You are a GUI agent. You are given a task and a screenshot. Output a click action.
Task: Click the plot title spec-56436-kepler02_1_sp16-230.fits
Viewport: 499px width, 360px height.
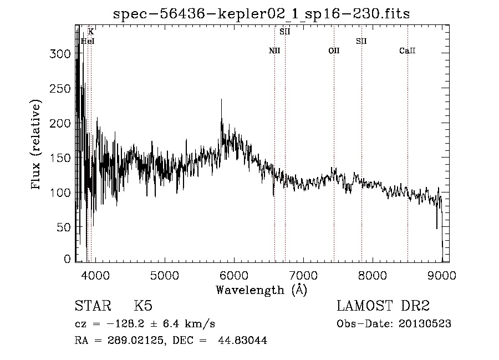pyautogui.click(x=261, y=14)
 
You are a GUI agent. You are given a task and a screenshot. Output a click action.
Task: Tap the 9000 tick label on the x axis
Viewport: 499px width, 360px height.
pyautogui.click(x=442, y=276)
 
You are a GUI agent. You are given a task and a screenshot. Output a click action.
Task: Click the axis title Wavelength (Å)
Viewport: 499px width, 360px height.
pyautogui.click(x=261, y=290)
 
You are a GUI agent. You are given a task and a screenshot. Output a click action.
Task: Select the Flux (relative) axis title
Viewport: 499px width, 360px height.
pyautogui.click(x=37, y=145)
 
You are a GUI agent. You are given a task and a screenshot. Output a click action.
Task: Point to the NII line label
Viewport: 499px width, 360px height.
pyautogui.click(x=274, y=51)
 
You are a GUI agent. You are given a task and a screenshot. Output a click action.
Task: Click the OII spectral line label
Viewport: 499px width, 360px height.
pyautogui.click(x=334, y=51)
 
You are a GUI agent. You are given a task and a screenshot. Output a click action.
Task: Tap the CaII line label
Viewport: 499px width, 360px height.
pyautogui.click(x=408, y=51)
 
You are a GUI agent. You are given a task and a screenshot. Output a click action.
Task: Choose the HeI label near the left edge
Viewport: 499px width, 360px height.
pyautogui.click(x=88, y=41)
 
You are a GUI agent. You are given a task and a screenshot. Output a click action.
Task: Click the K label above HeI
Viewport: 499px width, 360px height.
pyautogui.click(x=91, y=32)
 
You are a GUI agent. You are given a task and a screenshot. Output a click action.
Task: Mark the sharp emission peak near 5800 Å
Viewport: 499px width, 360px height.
pyautogui.click(x=221, y=100)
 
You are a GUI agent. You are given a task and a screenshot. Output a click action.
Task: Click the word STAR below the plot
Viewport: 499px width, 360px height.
pyautogui.click(x=93, y=306)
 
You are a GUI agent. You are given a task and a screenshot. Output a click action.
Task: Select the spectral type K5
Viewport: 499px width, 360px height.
pyautogui.click(x=143, y=306)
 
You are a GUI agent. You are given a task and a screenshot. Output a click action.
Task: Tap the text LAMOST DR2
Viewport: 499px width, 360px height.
pyautogui.click(x=383, y=306)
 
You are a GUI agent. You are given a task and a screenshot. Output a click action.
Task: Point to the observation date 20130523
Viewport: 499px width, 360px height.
pyautogui.click(x=426, y=324)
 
